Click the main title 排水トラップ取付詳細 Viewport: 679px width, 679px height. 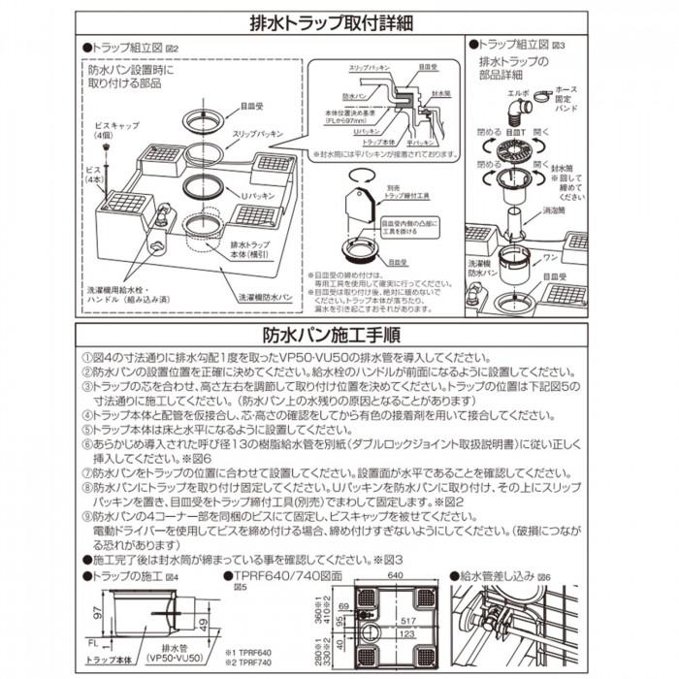339,19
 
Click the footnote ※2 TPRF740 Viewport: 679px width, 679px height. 255,663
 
